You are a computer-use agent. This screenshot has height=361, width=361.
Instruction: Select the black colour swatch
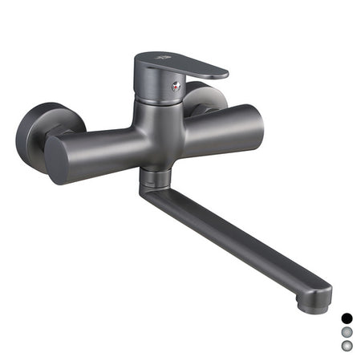347,318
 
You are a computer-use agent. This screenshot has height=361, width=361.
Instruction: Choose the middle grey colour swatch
347,331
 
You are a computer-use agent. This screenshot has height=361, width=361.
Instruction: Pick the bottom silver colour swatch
347,346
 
